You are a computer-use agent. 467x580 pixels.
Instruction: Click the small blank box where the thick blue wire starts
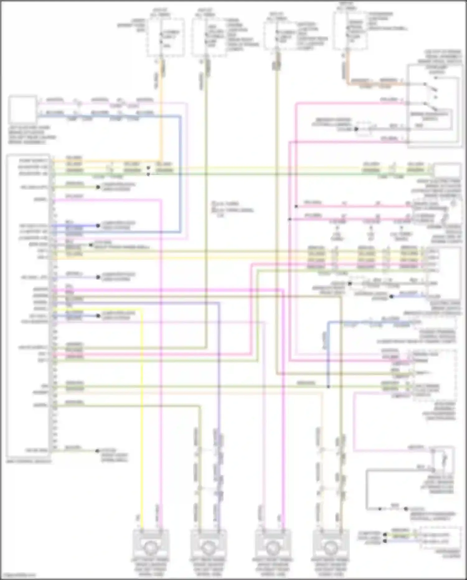point(22,109)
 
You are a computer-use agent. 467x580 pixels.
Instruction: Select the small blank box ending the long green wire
point(447,171)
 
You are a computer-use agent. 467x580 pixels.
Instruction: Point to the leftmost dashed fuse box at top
point(166,37)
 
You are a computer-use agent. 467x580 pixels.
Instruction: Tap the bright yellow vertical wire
point(142,405)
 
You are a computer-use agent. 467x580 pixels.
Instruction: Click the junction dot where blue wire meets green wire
point(328,387)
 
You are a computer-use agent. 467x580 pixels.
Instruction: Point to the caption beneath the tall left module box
point(29,461)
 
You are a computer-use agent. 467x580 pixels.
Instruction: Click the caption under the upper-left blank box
point(32,135)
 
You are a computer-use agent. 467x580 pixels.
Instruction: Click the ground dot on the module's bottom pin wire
point(97,451)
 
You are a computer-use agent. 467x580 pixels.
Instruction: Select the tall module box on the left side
point(29,307)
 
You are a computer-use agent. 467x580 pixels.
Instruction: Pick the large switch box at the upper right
point(434,105)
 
